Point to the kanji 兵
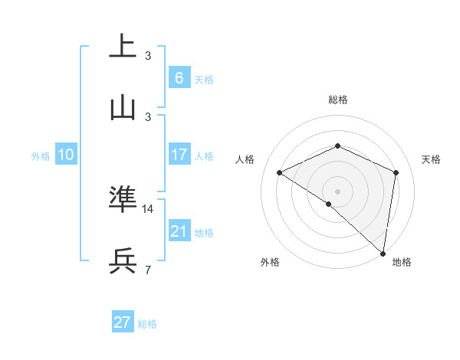coord(123,261)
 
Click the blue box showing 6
coord(179,77)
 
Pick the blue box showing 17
coord(179,155)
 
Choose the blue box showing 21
coord(179,231)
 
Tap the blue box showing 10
coord(66,155)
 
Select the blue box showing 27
coord(123,322)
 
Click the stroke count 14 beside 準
coord(149,208)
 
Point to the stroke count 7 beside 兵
coord(148,270)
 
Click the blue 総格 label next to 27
coord(147,324)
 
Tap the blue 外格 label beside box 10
coord(41,155)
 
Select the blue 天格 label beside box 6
coord(204,79)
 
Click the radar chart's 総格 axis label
coord(337,100)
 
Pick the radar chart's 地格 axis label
coord(402,262)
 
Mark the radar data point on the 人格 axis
coord(280,172)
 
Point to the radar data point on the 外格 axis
coord(329,204)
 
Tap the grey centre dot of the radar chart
coord(337,191)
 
